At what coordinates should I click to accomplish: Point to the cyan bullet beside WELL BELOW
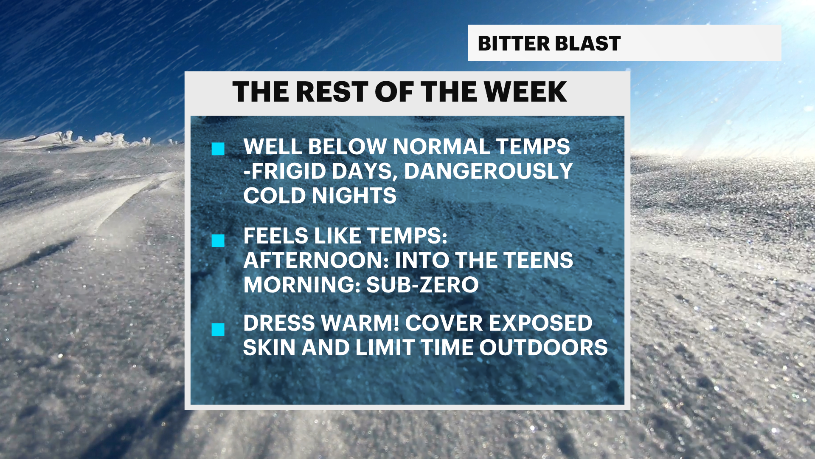click(x=218, y=149)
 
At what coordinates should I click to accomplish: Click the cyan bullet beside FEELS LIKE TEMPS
click(x=218, y=241)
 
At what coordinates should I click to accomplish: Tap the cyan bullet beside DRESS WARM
click(x=218, y=329)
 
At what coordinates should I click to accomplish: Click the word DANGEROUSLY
click(x=488, y=171)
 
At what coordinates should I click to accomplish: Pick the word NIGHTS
click(x=354, y=196)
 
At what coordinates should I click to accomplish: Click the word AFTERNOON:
click(x=317, y=260)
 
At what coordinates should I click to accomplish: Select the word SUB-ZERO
click(x=422, y=285)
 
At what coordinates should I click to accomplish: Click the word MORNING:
click(x=302, y=285)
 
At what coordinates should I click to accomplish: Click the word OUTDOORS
click(x=543, y=348)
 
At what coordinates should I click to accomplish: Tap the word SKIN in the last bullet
click(x=269, y=348)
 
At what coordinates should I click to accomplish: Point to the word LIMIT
click(x=385, y=348)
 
